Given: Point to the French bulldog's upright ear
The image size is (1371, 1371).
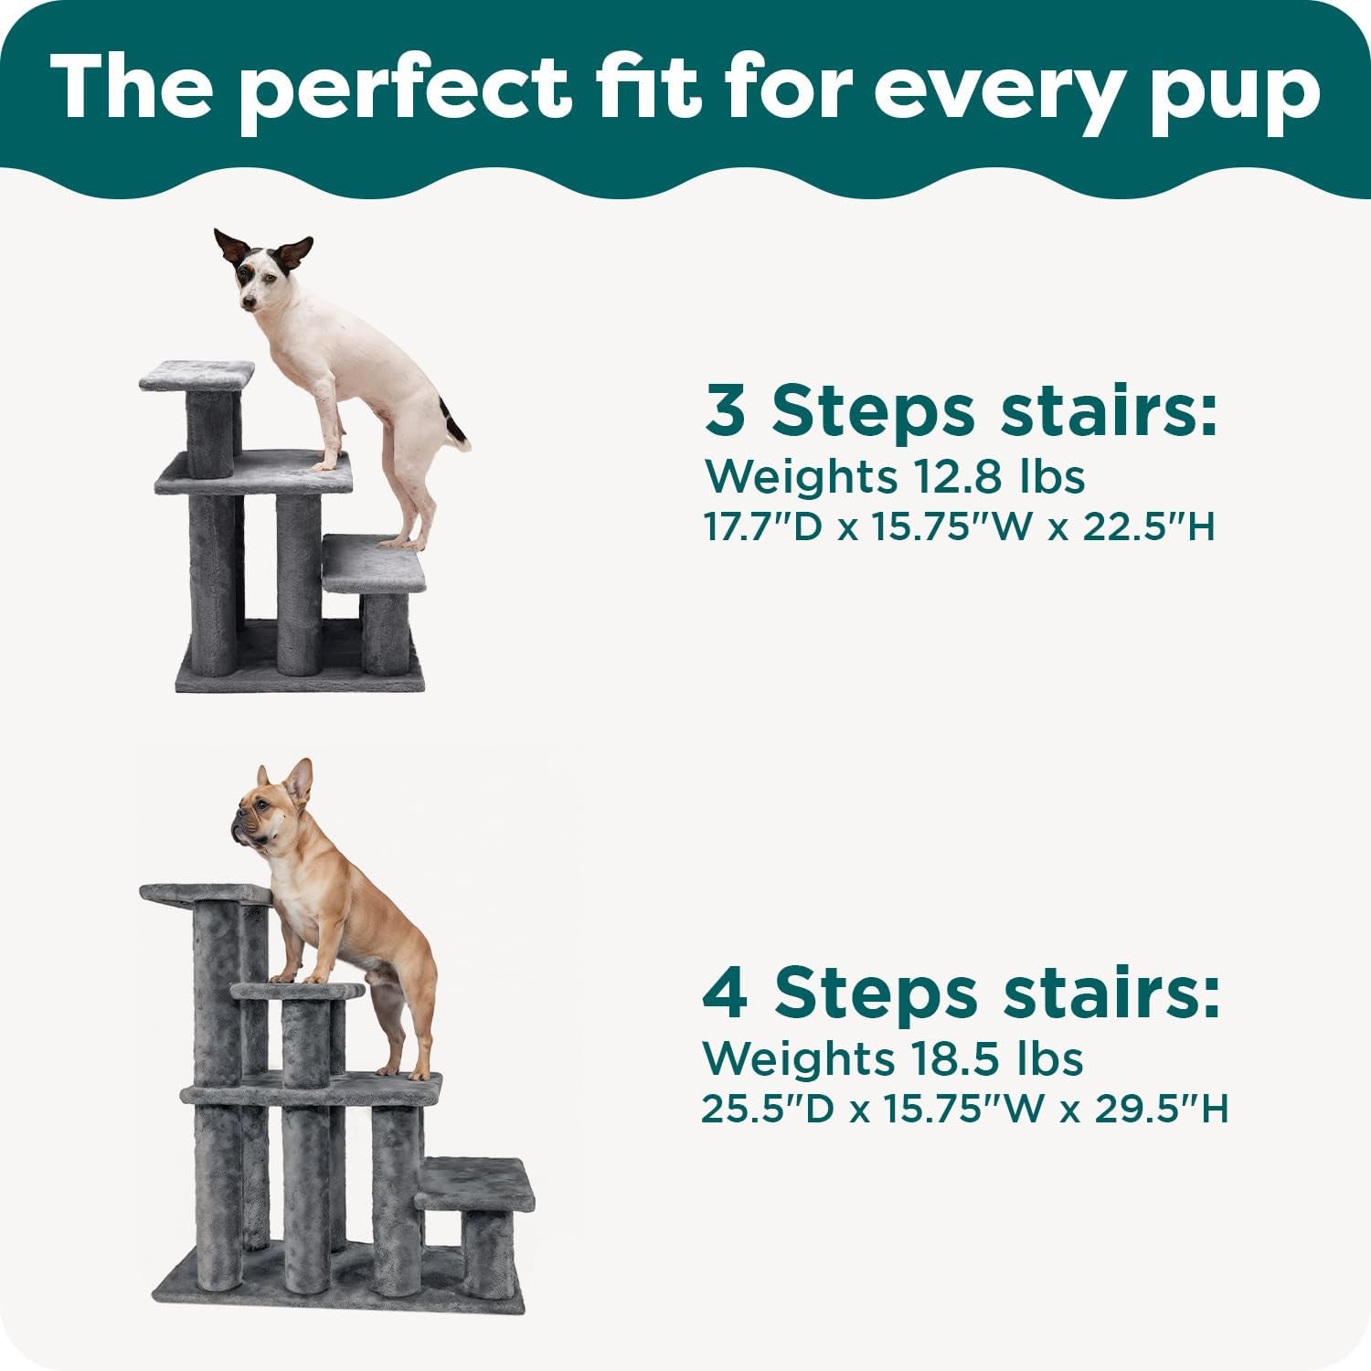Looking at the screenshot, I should [298, 781].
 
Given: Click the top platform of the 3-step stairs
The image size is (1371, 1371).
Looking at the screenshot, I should [197, 374].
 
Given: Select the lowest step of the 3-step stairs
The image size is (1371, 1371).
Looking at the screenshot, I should [375, 561].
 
